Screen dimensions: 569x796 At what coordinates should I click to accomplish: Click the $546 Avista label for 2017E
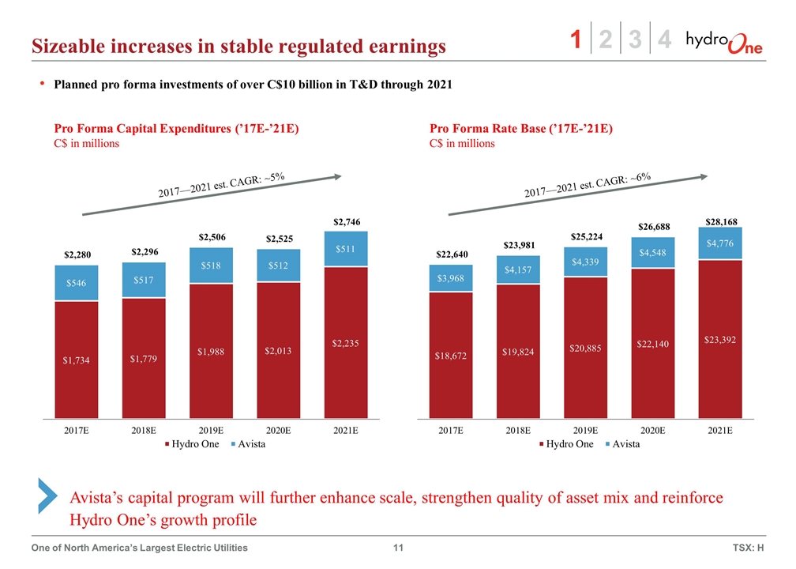tap(77, 283)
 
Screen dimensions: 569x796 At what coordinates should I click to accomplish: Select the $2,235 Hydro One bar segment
tap(346, 342)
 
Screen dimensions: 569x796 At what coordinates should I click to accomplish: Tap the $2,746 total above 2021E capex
tap(346, 221)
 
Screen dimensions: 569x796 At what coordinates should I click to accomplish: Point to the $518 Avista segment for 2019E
tap(212, 266)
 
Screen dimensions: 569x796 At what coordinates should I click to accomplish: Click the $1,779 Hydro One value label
tap(144, 359)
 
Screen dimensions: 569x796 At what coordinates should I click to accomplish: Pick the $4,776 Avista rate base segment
tap(720, 243)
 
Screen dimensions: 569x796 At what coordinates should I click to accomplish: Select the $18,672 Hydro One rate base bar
tap(451, 356)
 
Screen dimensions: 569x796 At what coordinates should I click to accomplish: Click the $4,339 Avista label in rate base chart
tap(586, 262)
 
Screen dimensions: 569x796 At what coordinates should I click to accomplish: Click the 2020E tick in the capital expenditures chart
tap(279, 430)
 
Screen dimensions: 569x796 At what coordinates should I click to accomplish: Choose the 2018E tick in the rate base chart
tap(518, 430)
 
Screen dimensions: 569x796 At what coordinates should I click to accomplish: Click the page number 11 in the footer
tap(398, 548)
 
